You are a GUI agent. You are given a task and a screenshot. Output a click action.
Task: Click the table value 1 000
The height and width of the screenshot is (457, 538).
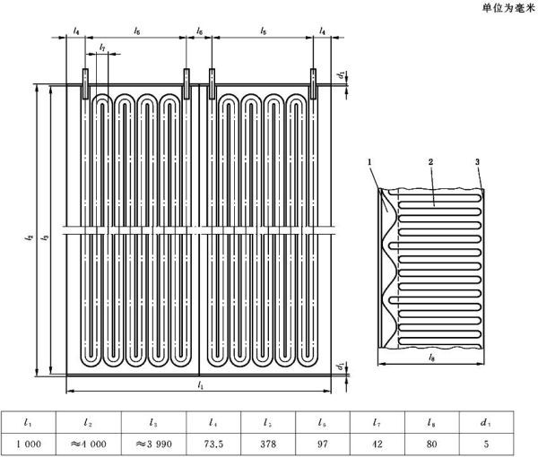[x=29, y=444]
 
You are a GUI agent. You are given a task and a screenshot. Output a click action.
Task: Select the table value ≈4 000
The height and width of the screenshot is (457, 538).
[x=89, y=444]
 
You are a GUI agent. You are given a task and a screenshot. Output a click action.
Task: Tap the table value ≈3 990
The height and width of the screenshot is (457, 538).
[x=153, y=444]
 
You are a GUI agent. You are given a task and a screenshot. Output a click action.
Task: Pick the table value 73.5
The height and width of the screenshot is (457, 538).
[x=213, y=444]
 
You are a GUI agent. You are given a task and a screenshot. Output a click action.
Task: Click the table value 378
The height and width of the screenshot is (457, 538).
[x=268, y=444]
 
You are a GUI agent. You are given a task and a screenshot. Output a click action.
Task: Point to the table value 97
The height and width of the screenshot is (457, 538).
[x=323, y=444]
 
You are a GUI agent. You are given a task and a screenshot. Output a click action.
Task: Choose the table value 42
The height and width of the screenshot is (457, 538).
[x=377, y=444]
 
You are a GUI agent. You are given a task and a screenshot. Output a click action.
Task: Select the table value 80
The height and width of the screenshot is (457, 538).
[x=431, y=444]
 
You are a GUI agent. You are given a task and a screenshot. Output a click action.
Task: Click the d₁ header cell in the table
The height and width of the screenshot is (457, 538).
[x=486, y=423]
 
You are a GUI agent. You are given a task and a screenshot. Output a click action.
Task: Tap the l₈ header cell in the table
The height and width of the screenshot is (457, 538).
[x=431, y=423]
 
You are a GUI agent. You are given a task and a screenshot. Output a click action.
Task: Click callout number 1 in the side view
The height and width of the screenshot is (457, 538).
[x=369, y=162]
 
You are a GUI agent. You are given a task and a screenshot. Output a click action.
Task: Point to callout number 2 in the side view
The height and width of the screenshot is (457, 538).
[x=430, y=162]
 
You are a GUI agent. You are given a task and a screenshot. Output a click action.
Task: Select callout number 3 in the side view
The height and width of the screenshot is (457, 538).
[x=477, y=162]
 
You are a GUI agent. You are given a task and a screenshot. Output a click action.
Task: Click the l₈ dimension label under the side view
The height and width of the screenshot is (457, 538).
[x=431, y=358]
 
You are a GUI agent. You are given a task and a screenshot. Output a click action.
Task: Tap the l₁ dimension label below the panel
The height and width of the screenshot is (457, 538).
[x=201, y=385]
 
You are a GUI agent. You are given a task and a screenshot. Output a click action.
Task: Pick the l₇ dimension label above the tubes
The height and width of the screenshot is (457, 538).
[x=102, y=47]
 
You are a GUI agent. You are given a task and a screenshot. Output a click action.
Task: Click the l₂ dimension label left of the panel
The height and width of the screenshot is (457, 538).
[x=30, y=237]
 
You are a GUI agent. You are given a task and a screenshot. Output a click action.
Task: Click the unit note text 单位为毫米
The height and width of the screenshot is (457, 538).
[x=508, y=8]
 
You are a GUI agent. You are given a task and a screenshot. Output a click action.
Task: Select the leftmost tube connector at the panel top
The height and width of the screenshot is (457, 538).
[x=85, y=83]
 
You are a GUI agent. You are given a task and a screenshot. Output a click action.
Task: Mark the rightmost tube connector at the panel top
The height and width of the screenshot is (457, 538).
[x=313, y=83]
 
